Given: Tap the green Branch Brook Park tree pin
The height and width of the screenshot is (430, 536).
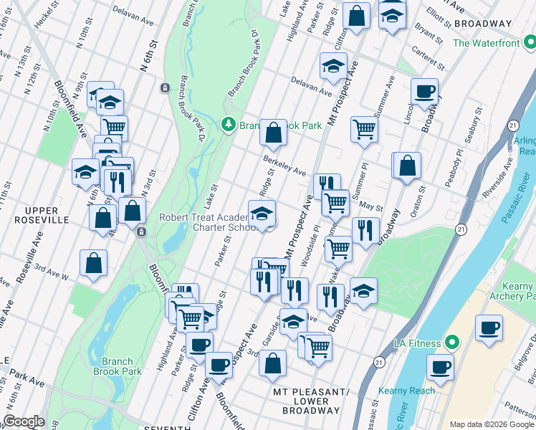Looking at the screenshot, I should (229, 125).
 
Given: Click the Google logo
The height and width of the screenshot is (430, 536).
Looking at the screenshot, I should (23, 421).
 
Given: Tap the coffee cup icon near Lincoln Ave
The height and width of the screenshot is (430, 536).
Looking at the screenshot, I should (424, 91).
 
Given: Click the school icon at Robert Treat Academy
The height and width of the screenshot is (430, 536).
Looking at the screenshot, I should (262, 214).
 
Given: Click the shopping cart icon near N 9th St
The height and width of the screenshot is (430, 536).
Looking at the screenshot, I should (114, 128).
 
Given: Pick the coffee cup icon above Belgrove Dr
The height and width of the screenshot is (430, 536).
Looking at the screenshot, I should (489, 328).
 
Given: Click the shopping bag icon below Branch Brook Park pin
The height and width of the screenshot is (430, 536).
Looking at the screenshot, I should (273, 133).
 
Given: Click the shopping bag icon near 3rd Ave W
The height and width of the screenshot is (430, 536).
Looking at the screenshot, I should (94, 262).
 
